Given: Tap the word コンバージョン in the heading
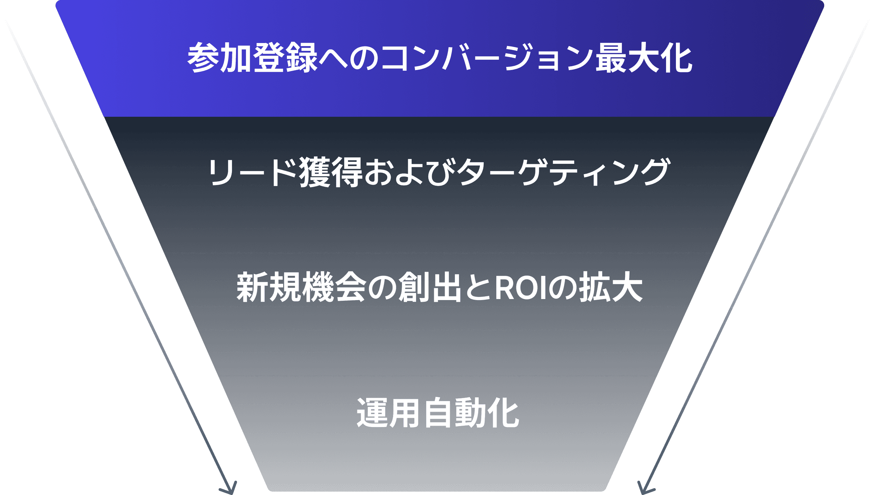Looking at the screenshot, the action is tap(487, 58).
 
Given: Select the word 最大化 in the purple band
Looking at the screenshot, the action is tap(644, 58).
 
